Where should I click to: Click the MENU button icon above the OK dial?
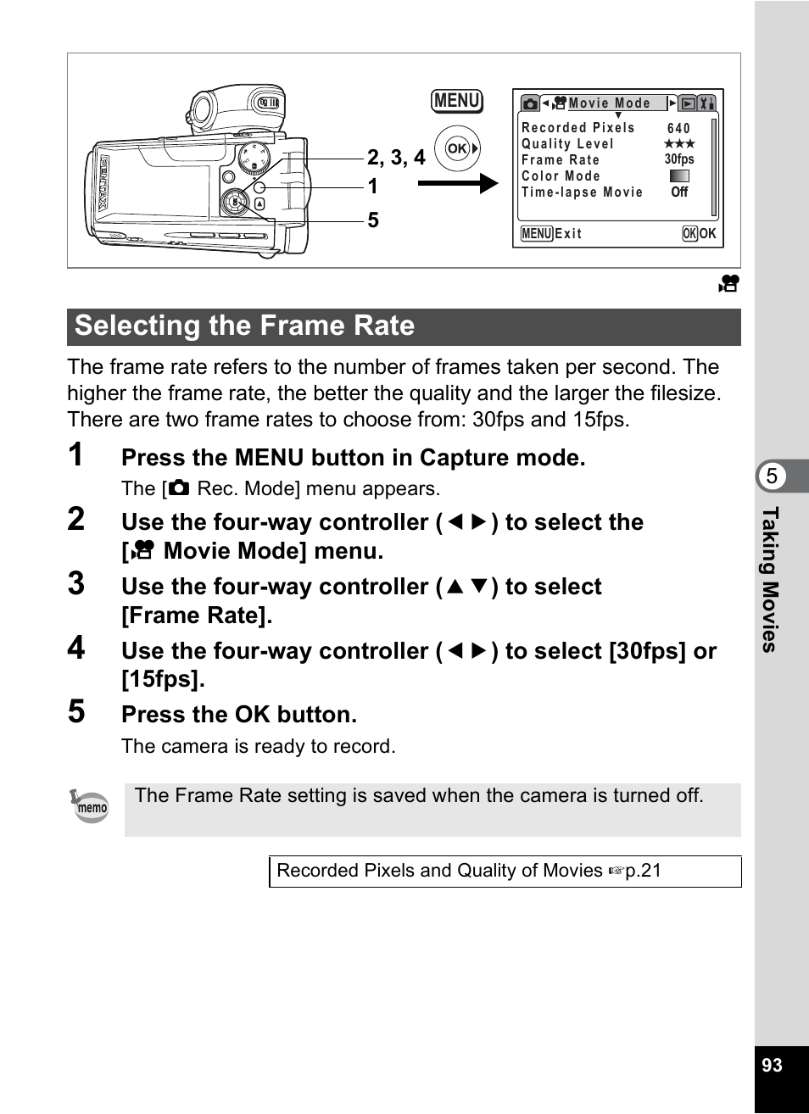click(457, 101)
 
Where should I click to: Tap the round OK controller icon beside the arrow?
click(457, 149)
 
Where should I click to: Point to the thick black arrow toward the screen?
click(457, 183)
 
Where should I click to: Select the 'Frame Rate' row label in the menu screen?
click(561, 160)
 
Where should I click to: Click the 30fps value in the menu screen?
click(679, 159)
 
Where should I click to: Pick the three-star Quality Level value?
click(679, 144)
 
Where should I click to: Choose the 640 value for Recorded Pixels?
click(678, 128)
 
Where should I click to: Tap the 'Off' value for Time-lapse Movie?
click(679, 192)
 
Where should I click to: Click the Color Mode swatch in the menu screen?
click(679, 176)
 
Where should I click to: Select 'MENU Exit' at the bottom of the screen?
click(552, 234)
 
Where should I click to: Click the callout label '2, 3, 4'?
click(396, 158)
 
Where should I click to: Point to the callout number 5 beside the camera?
click(373, 220)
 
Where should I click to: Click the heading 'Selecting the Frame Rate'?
click(245, 326)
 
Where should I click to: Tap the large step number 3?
click(76, 584)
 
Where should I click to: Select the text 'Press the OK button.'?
click(239, 715)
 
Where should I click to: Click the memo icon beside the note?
click(90, 806)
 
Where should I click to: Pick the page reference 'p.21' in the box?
click(643, 871)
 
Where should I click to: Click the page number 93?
click(772, 1066)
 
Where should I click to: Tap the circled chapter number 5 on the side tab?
click(772, 476)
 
